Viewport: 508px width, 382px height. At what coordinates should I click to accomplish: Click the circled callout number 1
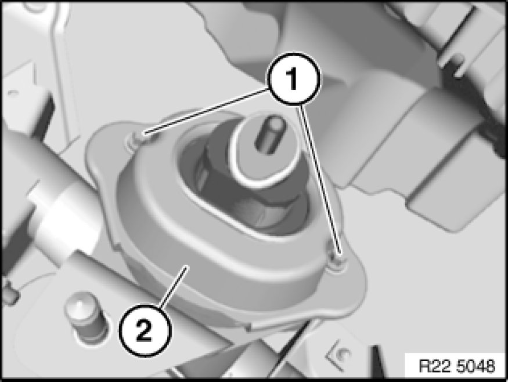tap(293, 79)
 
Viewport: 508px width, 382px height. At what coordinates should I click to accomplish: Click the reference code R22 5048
tap(457, 366)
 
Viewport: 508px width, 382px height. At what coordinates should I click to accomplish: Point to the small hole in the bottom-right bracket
tap(343, 354)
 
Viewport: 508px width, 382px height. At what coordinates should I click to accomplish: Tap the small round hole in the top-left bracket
tap(13, 93)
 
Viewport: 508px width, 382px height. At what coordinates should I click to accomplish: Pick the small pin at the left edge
tap(9, 292)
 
